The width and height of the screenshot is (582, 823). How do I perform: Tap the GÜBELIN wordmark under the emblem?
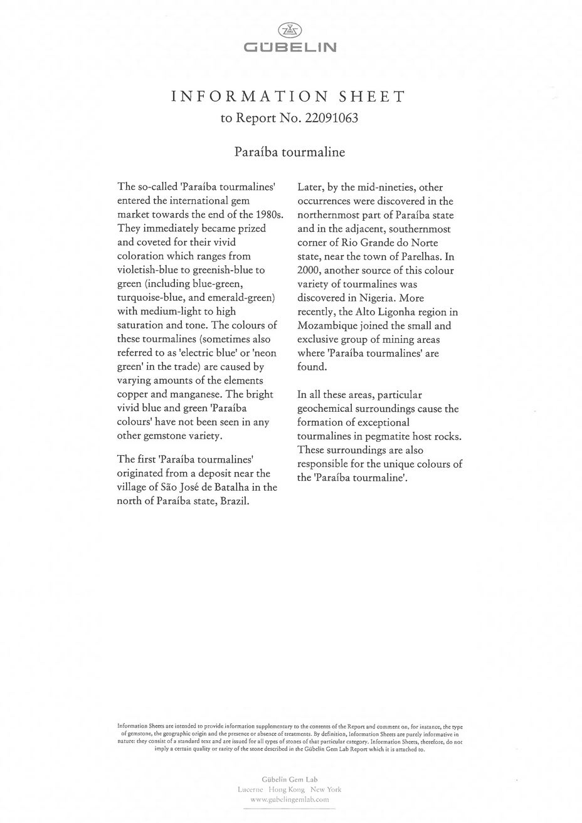pyautogui.click(x=290, y=47)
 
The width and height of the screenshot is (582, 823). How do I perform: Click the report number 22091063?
pyautogui.click(x=331, y=118)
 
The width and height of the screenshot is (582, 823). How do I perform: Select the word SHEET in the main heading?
pyautogui.click(x=373, y=97)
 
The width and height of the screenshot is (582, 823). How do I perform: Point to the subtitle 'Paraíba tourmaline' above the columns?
pyautogui.click(x=290, y=152)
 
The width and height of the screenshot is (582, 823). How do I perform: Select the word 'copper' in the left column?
pyautogui.click(x=134, y=394)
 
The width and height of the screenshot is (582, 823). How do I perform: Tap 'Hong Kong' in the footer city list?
pyautogui.click(x=290, y=790)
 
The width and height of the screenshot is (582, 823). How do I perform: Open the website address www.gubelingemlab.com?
pyautogui.click(x=290, y=800)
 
